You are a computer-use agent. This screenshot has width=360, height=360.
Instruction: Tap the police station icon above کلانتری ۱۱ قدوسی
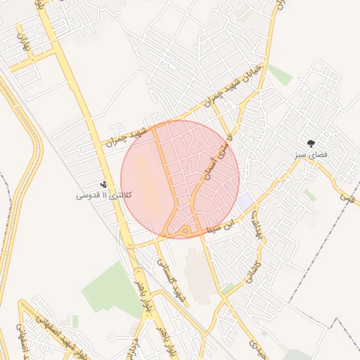pos(104,184)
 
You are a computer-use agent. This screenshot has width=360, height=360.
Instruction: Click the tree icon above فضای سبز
pos(311,143)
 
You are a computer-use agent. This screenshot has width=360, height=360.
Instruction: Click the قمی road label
pos(347,198)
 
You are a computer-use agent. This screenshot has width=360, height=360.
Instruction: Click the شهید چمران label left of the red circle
pos(124,137)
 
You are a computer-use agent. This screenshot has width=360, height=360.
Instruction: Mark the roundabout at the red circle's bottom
pos(185,230)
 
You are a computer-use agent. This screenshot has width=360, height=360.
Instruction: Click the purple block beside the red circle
pos(244,202)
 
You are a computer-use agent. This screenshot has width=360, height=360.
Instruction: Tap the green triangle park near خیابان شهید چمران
pos(279,74)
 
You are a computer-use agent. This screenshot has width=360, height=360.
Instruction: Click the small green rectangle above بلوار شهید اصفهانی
pos(75,321)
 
